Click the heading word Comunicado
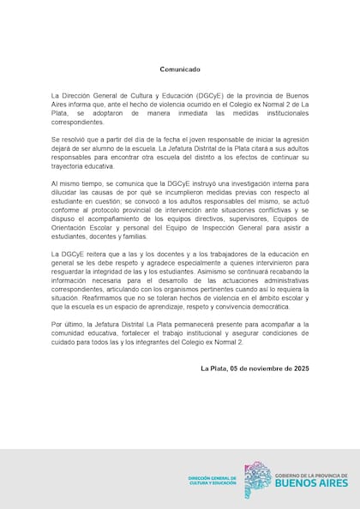180,69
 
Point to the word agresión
290,139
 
